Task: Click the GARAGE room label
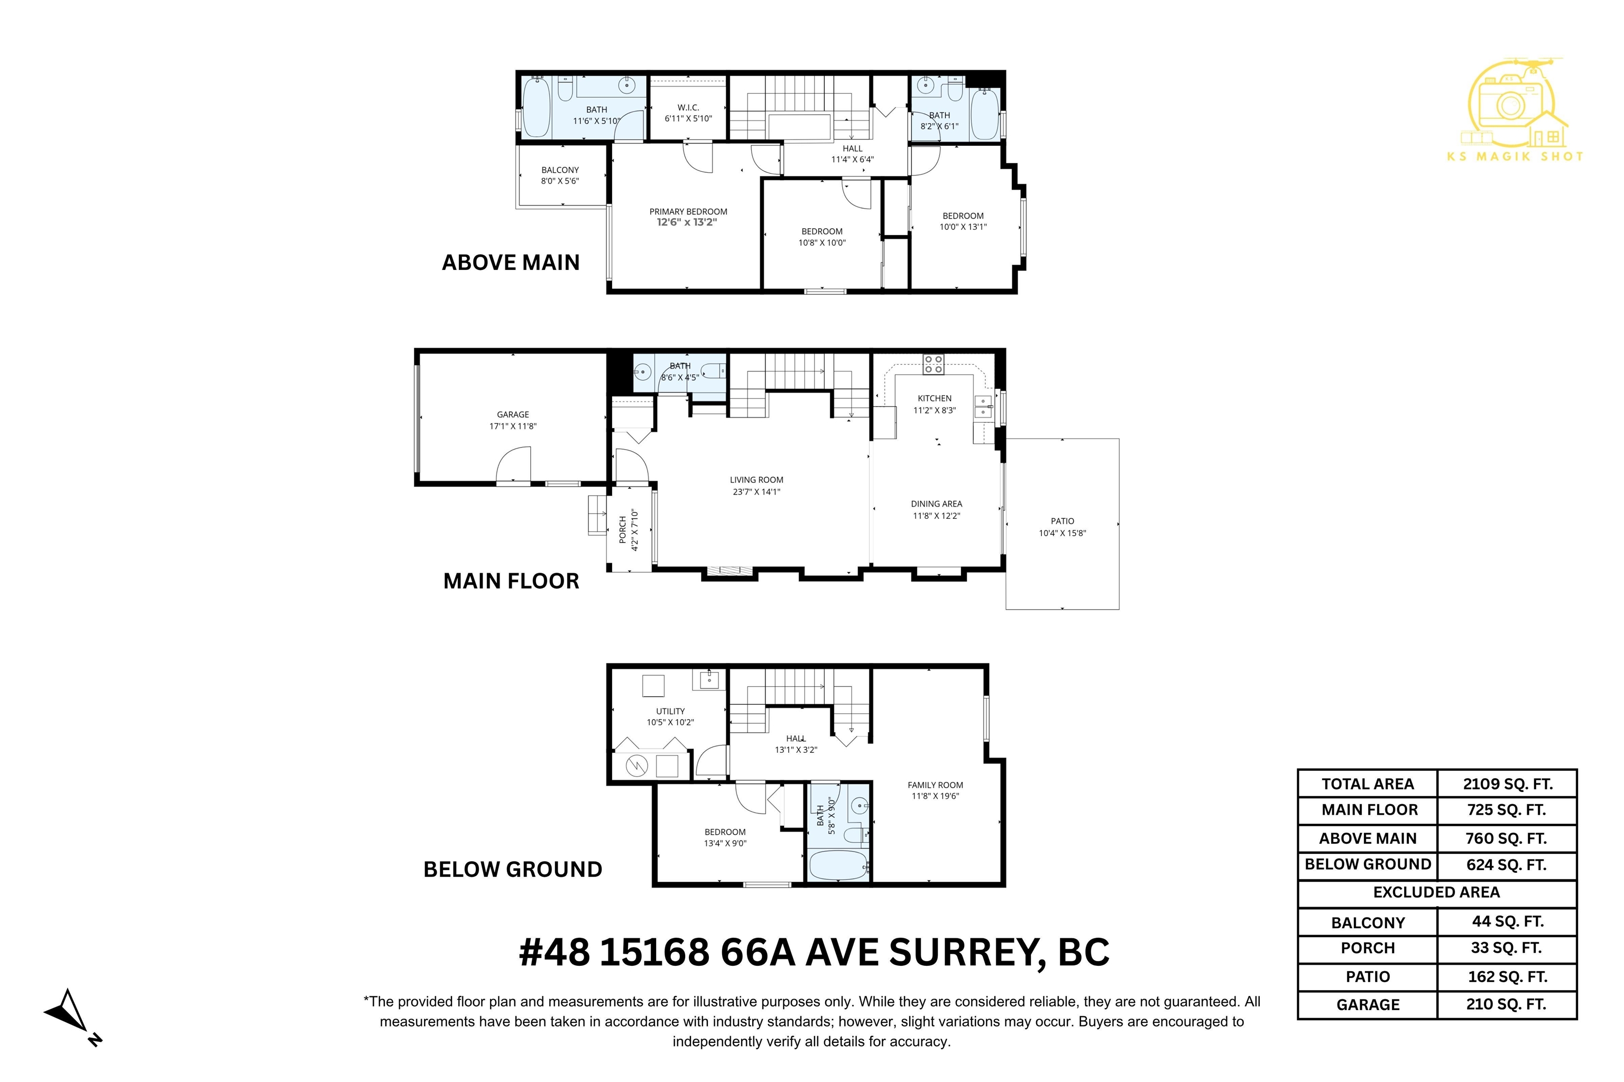click(513, 415)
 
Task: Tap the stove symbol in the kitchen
click(934, 365)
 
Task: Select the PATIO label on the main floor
click(1063, 521)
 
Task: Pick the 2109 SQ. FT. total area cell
click(1507, 784)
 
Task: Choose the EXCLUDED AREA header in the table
click(1436, 892)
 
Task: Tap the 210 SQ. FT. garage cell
click(1506, 1005)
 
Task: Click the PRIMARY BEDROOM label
click(688, 212)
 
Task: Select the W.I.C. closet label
click(688, 108)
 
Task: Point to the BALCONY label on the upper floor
click(560, 170)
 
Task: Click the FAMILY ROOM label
click(935, 785)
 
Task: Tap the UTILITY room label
click(670, 711)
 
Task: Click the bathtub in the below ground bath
click(839, 865)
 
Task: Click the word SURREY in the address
click(963, 953)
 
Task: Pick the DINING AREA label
click(936, 503)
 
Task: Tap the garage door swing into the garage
click(513, 464)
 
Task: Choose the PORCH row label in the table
click(1368, 948)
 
